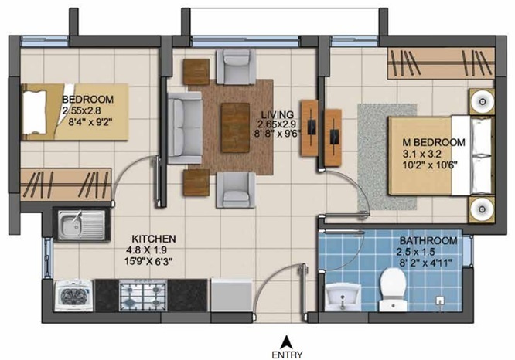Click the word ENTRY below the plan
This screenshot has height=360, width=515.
[x=287, y=354]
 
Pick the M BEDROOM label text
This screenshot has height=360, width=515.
[x=433, y=142]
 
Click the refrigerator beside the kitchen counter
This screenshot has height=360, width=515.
[x=232, y=294]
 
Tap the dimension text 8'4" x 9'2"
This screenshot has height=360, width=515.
[x=88, y=121]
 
